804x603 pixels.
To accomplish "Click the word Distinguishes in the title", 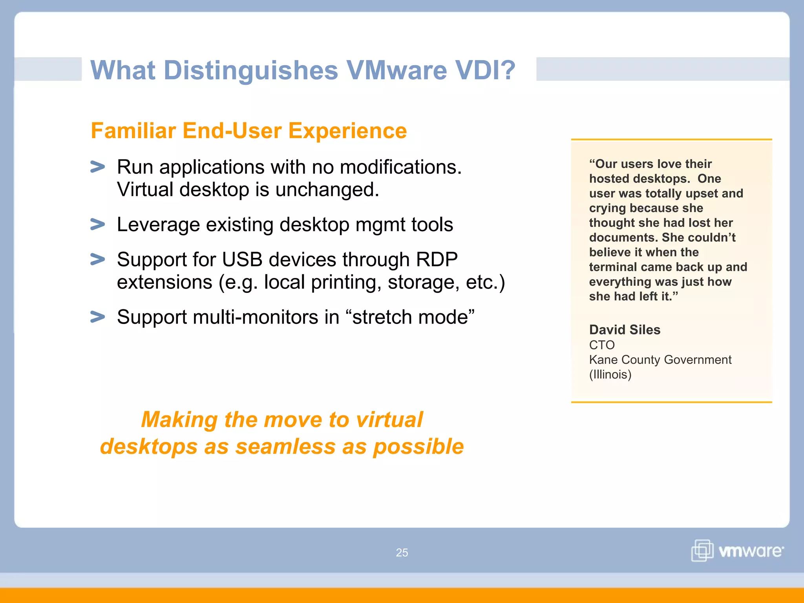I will coord(250,71).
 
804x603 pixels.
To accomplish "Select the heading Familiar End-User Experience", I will coord(249,131).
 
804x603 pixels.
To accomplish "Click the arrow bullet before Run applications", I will coord(98,167).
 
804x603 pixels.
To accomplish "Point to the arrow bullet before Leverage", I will coord(98,225).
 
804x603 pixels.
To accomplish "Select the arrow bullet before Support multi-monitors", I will coord(98,317).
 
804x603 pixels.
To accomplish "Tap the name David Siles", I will coord(625,330).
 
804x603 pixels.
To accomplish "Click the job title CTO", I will coord(602,345).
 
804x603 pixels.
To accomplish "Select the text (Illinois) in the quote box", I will coord(610,375).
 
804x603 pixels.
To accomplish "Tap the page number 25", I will coord(402,553).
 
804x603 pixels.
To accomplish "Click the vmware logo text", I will coord(751,551).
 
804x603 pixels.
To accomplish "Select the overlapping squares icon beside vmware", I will coord(702,550).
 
